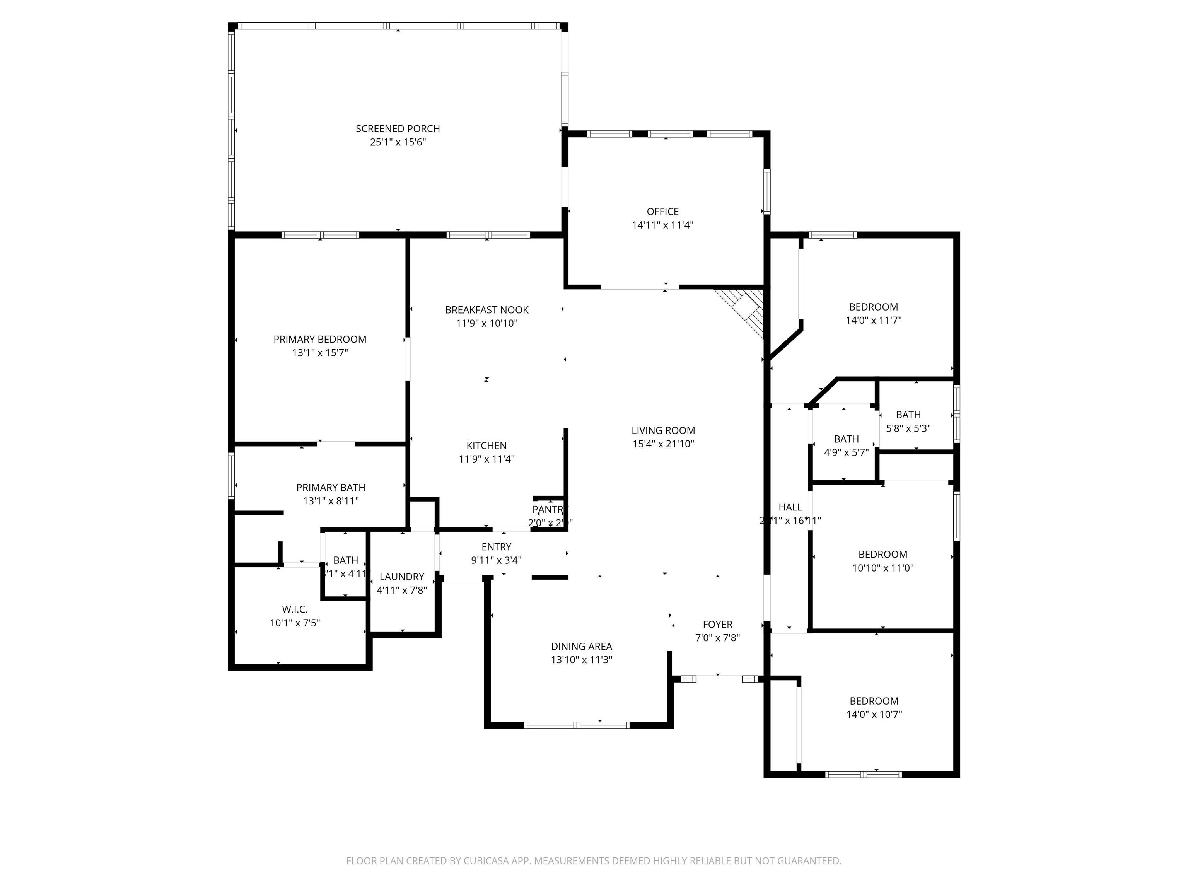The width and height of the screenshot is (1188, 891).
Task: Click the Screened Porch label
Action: pos(398,129)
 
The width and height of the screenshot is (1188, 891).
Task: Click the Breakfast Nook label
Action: pos(486,310)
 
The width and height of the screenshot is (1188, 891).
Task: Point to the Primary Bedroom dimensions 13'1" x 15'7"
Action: pos(320,353)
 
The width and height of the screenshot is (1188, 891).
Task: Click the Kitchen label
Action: pos(486,446)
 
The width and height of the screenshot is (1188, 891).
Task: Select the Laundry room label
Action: pos(402,576)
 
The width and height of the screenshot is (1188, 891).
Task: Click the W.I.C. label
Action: pos(295,609)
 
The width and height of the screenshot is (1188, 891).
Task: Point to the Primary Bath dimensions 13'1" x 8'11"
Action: pos(331,501)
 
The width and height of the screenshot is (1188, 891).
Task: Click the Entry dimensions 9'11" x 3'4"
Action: pos(496,561)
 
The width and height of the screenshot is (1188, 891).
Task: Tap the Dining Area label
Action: pos(581,646)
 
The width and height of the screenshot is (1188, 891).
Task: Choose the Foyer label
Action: pos(717,624)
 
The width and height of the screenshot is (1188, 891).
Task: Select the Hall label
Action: pos(790,507)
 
